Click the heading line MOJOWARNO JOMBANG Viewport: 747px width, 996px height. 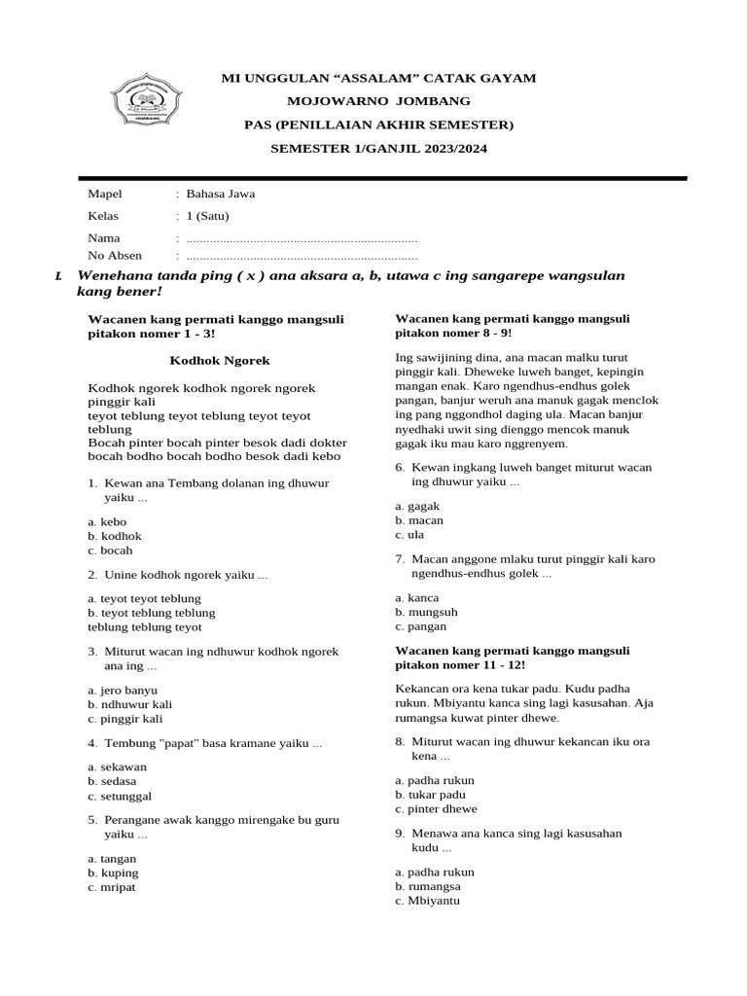[x=378, y=101]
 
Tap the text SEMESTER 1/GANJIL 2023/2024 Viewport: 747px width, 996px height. [x=378, y=149]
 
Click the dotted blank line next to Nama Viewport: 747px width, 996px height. [x=302, y=238]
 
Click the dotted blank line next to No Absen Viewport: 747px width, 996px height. [x=302, y=257]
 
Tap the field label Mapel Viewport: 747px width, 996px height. [x=105, y=194]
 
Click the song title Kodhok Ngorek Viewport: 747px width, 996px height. [x=220, y=361]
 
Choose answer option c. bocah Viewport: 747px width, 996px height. [x=110, y=551]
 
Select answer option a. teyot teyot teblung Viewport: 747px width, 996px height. [x=144, y=598]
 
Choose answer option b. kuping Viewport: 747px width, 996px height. [x=113, y=872]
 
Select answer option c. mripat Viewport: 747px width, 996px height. [x=113, y=887]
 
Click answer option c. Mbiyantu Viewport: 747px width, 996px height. [x=428, y=901]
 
